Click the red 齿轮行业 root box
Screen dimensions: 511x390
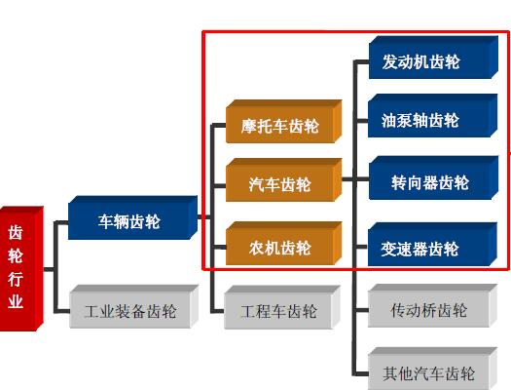pyautogui.click(x=21, y=268)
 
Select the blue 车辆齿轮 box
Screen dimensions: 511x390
pyautogui.click(x=132, y=217)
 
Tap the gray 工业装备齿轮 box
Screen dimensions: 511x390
pyautogui.click(x=134, y=306)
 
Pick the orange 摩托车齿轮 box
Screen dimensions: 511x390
pyautogui.click(x=284, y=122)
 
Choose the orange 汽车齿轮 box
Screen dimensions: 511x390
pyautogui.click(x=284, y=179)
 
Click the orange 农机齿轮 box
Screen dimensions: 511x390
pyautogui.click(x=284, y=243)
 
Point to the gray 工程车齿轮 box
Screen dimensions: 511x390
pyautogui.click(x=282, y=307)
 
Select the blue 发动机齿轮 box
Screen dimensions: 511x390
pyautogui.click(x=433, y=58)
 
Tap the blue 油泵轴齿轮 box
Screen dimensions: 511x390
pyautogui.click(x=433, y=115)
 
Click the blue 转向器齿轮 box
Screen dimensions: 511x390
pyautogui.click(x=433, y=177)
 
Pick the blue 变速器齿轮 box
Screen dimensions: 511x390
pyautogui.click(x=432, y=244)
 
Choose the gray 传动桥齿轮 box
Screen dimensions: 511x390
pyautogui.click(x=433, y=305)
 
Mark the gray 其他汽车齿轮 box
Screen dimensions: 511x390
pyautogui.click(x=433, y=369)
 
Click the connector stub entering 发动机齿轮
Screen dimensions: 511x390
pyautogui.click(x=361, y=62)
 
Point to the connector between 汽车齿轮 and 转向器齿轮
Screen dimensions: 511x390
pyautogui.click(x=355, y=178)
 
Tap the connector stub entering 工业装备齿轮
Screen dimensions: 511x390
pyautogui.click(x=62, y=311)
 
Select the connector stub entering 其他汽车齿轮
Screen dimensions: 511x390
pyautogui.click(x=361, y=374)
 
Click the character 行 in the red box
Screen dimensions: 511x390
pyautogui.click(x=16, y=279)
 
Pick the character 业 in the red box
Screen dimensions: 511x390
pyautogui.click(x=16, y=301)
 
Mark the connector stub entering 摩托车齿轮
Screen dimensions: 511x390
pyautogui.click(x=219, y=126)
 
